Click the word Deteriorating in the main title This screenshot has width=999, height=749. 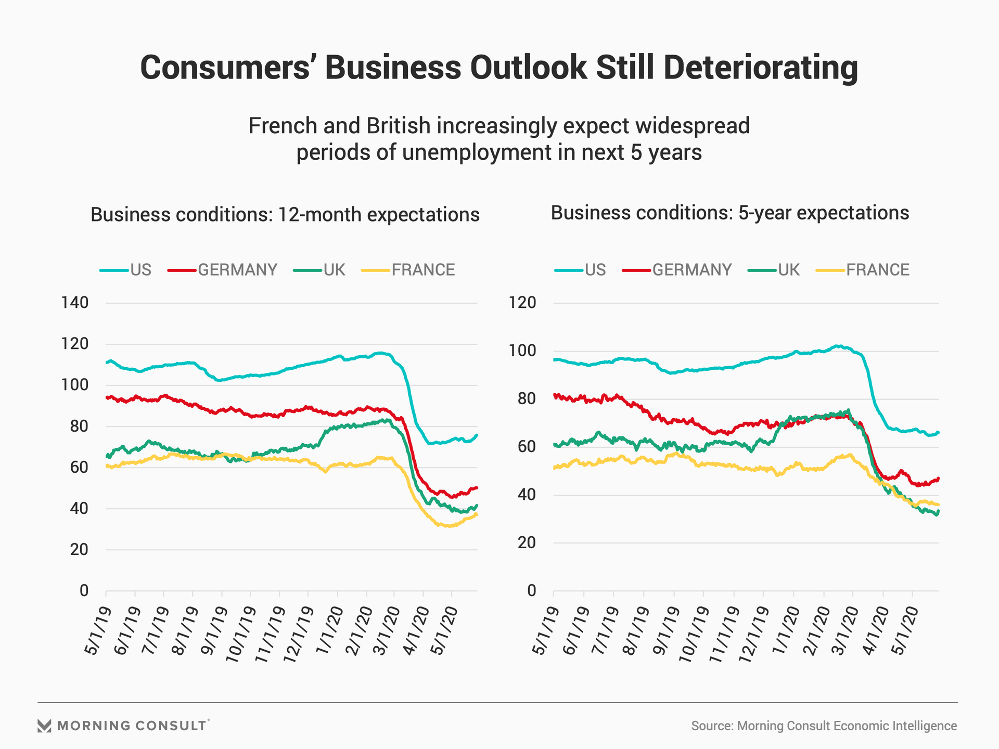(760, 68)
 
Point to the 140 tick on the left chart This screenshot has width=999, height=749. (75, 303)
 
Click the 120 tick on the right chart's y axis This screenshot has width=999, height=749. (522, 303)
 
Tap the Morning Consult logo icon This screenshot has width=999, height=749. (45, 726)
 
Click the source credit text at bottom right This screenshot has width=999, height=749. (824, 726)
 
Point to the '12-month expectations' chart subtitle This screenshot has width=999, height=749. (285, 215)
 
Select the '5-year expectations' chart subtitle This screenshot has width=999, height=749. (729, 213)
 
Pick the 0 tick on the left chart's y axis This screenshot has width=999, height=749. (84, 591)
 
